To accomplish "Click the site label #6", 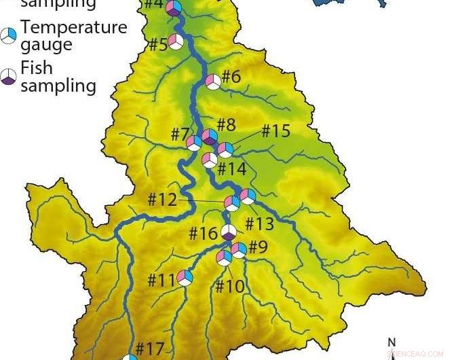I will pos(231,76).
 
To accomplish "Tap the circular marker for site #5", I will pos(176,41).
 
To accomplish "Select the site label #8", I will pos(226,124).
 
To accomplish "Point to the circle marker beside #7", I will pos(194,143).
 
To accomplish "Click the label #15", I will pos(276,130).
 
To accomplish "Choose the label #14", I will pos(232,168).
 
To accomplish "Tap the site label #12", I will pos(162,200).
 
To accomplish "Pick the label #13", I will pos(259,223).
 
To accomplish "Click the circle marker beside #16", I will pos(229,232).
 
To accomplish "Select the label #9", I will pos(258,247).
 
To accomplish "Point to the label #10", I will pos(229,286).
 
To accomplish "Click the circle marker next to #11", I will pos(185,277).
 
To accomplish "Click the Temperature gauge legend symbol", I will pos(8,36).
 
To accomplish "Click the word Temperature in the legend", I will pos(74,28).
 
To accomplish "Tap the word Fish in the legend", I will pos(37,68).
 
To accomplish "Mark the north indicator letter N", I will pos(391,342).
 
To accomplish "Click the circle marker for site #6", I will pos(213,82).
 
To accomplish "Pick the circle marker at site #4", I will pos(174,8).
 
